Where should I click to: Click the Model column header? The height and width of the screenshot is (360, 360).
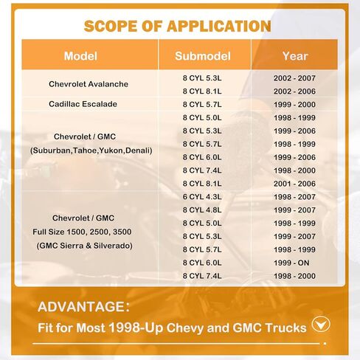pyautogui.click(x=80, y=56)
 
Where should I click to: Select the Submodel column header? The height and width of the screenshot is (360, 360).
pyautogui.click(x=203, y=56)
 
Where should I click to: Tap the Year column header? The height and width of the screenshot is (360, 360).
pyautogui.click(x=295, y=56)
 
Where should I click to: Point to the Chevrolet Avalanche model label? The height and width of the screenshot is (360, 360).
pyautogui.click(x=89, y=84)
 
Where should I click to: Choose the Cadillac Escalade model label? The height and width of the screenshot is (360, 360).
pyautogui.click(x=83, y=104)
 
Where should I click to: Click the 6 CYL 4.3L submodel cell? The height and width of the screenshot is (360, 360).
pyautogui.click(x=202, y=197)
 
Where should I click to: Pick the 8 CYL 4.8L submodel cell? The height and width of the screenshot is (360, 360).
pyautogui.click(x=202, y=210)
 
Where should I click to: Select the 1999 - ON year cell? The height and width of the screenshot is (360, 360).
pyautogui.click(x=291, y=263)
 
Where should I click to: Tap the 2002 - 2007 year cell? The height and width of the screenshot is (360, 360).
pyautogui.click(x=294, y=78)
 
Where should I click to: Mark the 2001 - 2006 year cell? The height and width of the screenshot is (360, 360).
pyautogui.click(x=294, y=184)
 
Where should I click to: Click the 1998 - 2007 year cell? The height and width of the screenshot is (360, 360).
pyautogui.click(x=294, y=197)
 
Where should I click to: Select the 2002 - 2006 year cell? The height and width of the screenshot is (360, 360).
pyautogui.click(x=294, y=91)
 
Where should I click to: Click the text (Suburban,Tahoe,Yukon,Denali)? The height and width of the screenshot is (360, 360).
pyautogui.click(x=91, y=150)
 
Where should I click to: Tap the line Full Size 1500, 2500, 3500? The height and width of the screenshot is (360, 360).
pyautogui.click(x=82, y=232)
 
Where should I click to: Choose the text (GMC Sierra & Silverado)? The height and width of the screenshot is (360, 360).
pyautogui.click(x=84, y=246)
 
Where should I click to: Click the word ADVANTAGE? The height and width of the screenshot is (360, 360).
pyautogui.click(x=81, y=307)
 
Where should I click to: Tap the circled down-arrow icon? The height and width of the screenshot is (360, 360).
pyautogui.click(x=321, y=325)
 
